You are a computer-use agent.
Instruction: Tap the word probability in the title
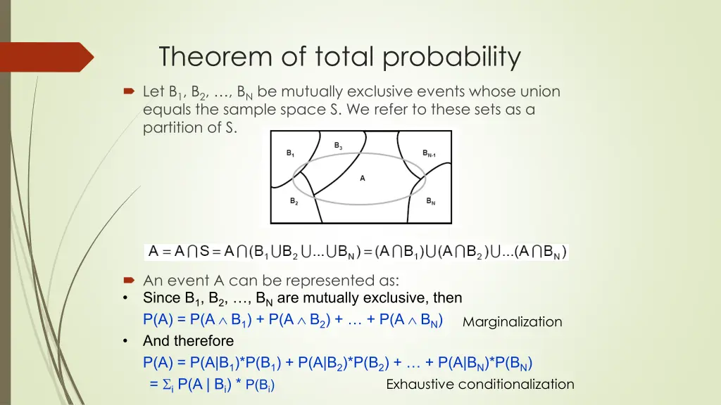point(451,58)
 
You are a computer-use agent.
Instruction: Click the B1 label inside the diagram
point(290,153)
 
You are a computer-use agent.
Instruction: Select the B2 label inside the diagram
point(294,201)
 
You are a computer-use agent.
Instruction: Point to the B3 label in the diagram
point(338,146)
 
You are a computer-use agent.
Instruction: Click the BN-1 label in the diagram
point(429,153)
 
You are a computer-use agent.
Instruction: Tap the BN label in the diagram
point(430,201)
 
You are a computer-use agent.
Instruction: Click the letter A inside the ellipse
point(363,178)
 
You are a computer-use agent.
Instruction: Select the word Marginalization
point(513,322)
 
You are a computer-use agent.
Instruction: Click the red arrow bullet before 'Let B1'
point(129,91)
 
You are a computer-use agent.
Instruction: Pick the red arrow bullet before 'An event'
point(129,280)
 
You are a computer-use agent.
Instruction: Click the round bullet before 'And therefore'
point(125,341)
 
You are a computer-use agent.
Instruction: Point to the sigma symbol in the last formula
point(167,384)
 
